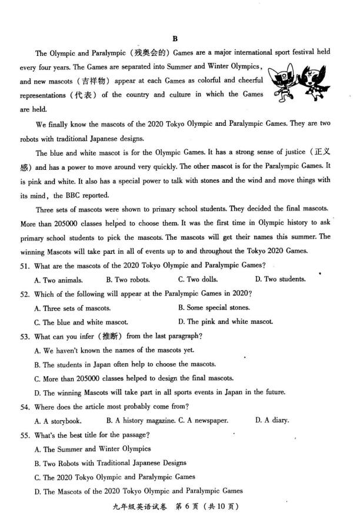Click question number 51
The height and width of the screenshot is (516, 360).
(x=25, y=265)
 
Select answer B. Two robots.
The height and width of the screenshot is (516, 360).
(x=128, y=279)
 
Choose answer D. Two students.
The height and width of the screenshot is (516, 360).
(x=278, y=279)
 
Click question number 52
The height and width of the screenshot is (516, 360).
(x=25, y=293)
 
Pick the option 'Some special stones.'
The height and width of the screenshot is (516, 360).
(x=214, y=307)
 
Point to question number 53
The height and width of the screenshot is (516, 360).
(x=25, y=336)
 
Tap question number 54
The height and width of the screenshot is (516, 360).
(x=25, y=406)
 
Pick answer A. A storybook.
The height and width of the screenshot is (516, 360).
(x=58, y=421)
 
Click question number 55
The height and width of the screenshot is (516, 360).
(x=25, y=435)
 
